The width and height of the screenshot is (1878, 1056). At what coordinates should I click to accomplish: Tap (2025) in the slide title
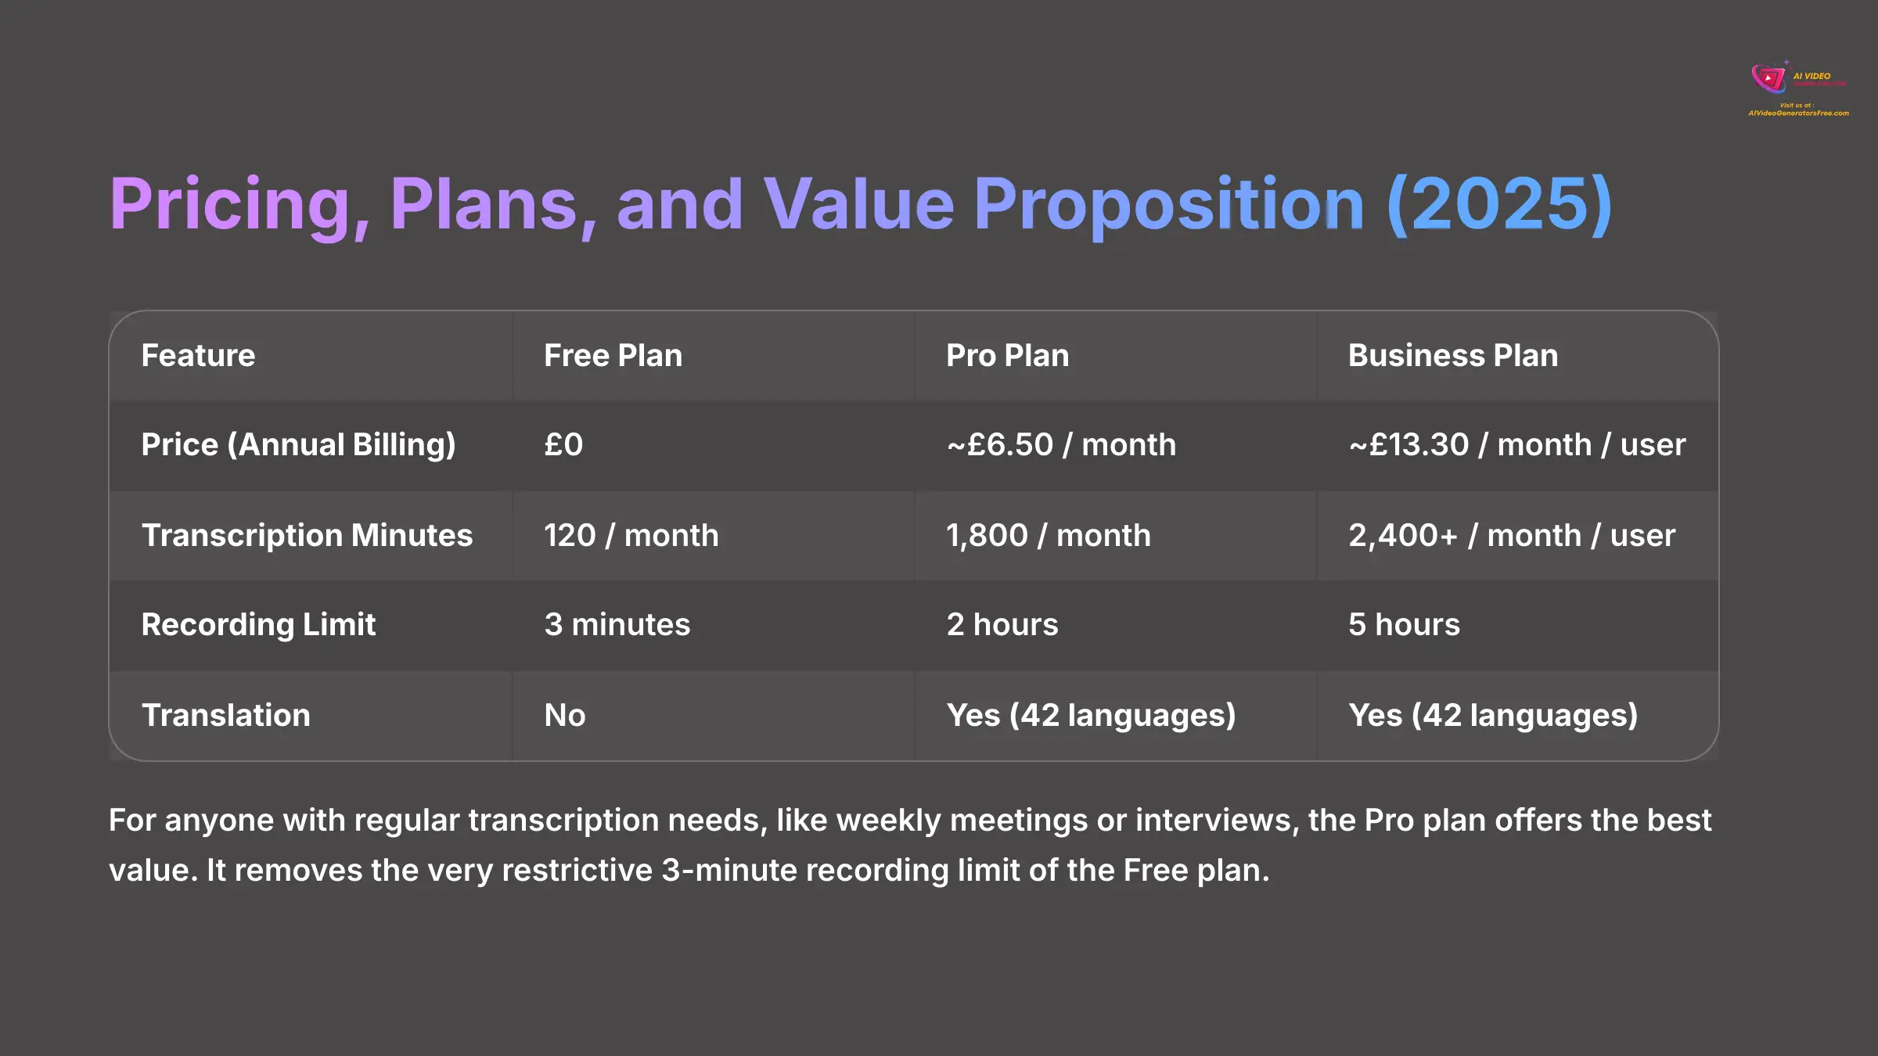pyautogui.click(x=1498, y=205)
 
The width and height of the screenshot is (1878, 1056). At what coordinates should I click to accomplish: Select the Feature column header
pyautogui.click(x=198, y=356)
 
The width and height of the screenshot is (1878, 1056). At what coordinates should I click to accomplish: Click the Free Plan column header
pyautogui.click(x=613, y=356)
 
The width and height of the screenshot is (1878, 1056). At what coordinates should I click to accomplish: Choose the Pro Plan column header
pyautogui.click(x=1007, y=356)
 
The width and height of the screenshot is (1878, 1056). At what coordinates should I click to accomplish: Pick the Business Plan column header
pyautogui.click(x=1452, y=356)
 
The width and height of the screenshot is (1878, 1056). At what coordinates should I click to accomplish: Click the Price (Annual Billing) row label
pyautogui.click(x=298, y=445)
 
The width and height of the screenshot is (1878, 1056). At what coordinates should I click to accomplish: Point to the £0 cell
pyautogui.click(x=563, y=445)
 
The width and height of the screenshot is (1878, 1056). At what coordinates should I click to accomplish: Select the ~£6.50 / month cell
pyautogui.click(x=1061, y=445)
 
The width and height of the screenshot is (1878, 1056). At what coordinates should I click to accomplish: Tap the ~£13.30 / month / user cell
pyautogui.click(x=1516, y=445)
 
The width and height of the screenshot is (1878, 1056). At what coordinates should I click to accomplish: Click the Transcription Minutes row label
pyautogui.click(x=307, y=536)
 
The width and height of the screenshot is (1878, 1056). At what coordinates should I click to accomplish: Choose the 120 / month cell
pyautogui.click(x=631, y=536)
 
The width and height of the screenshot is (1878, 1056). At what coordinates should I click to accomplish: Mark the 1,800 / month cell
pyautogui.click(x=1049, y=536)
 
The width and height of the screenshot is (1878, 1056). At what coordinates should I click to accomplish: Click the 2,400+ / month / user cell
pyautogui.click(x=1511, y=536)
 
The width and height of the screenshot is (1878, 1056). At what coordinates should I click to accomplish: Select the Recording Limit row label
pyautogui.click(x=258, y=625)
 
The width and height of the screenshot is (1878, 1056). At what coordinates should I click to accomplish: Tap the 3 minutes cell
pyautogui.click(x=617, y=625)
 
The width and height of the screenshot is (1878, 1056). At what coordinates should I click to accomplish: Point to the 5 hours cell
pyautogui.click(x=1404, y=625)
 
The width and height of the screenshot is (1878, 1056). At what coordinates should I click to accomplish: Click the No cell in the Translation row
pyautogui.click(x=564, y=716)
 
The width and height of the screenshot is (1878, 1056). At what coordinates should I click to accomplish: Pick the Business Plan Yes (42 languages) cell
pyautogui.click(x=1492, y=716)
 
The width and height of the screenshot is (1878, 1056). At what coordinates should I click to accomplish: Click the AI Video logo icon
pyautogui.click(x=1768, y=78)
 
